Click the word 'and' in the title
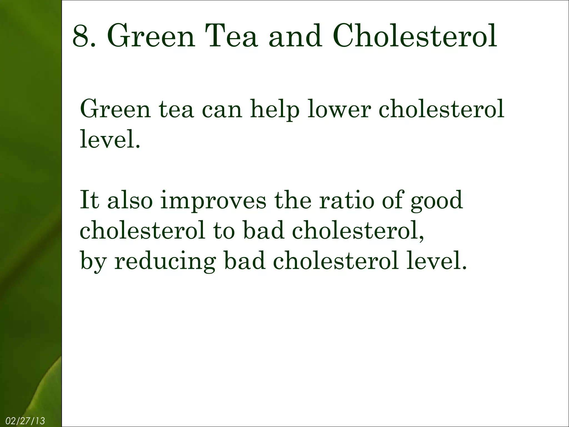tap(296, 36)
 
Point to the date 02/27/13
tap(25, 421)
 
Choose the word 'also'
tap(130, 200)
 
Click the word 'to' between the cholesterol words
tap(224, 231)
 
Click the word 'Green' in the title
tap(151, 36)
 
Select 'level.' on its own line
tap(110, 139)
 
